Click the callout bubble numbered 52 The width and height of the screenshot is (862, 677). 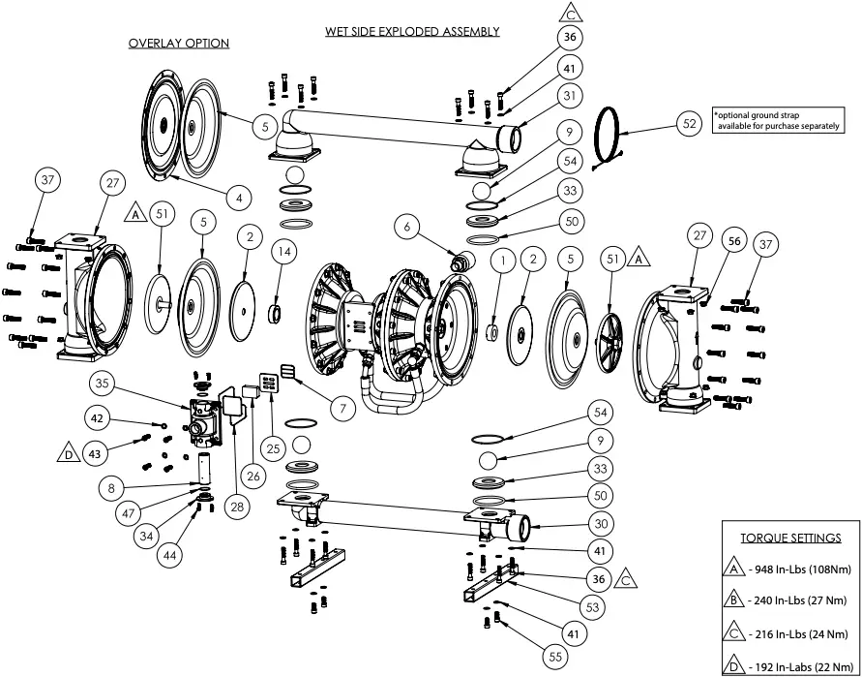tap(689, 124)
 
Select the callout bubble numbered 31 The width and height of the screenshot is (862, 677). tap(571, 95)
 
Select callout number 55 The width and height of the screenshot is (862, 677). tap(554, 657)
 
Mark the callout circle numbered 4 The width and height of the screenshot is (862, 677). tap(235, 197)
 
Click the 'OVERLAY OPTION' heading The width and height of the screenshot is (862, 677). tap(179, 44)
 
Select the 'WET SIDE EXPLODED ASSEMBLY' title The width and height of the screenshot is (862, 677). tap(412, 31)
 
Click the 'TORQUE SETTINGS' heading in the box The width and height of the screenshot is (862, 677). tap(790, 538)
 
